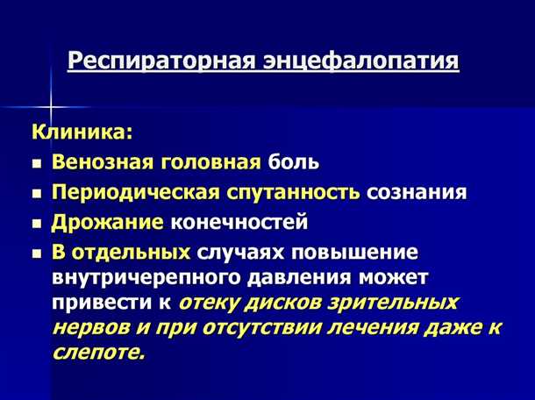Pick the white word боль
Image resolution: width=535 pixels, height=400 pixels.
coord(294,162)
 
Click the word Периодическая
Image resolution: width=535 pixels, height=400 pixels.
coord(130,191)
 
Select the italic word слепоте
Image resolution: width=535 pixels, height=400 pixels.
coord(98,353)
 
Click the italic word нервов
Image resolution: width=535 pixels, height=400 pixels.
coord(91,328)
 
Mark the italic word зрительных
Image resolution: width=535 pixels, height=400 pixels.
coord(399,303)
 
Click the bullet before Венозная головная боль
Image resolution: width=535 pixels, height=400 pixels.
coord(36,163)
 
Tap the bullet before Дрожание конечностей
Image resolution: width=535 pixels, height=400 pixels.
coord(36,222)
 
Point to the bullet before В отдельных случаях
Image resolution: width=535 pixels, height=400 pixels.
coord(36,254)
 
